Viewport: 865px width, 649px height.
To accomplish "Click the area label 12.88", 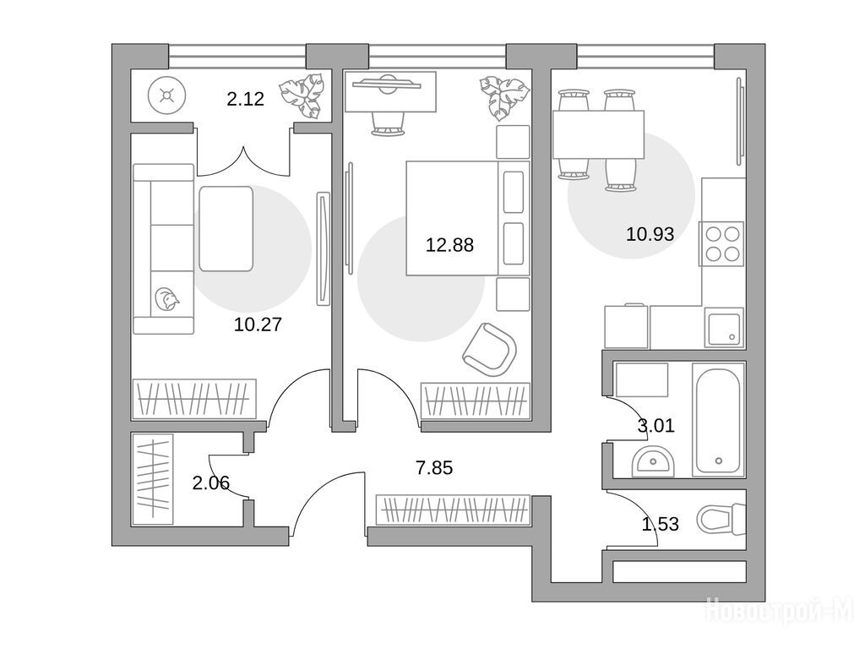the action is coord(449,244).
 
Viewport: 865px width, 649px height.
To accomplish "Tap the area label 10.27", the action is coord(258,324).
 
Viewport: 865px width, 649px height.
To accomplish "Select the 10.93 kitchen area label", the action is coord(650,234).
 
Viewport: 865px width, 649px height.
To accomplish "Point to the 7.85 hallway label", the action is coord(434,468).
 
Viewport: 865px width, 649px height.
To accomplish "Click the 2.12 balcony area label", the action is coord(246,99).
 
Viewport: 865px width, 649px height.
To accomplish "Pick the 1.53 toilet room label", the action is coord(661,524).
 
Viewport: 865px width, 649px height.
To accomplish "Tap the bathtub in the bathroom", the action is coord(718,423).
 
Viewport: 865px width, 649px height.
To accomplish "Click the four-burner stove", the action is coord(721,244).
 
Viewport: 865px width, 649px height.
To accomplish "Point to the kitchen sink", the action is coord(723,329).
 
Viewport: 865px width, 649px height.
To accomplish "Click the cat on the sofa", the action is coord(166,300).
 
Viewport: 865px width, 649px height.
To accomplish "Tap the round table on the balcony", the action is coord(166,95).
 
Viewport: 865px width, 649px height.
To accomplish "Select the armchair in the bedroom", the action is coord(490,349).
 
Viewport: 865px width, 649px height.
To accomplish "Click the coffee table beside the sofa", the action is coord(226,228).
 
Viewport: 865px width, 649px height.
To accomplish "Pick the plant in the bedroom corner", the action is coord(503,97).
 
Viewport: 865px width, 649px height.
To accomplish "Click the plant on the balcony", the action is coord(302,95).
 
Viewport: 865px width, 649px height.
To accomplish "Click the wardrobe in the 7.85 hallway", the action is coord(453,510).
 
